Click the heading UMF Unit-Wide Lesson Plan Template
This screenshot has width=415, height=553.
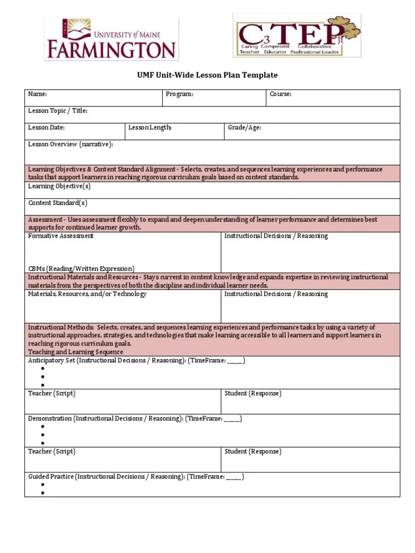[x=207, y=76]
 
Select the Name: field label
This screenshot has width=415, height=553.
[x=37, y=95]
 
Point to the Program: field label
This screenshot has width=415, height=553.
[x=179, y=95]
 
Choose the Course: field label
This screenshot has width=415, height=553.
[x=280, y=95]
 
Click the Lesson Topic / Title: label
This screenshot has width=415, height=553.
[x=57, y=111]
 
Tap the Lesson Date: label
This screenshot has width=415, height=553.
[x=46, y=128]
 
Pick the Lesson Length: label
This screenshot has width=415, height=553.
[x=150, y=128]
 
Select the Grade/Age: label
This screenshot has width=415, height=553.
[x=244, y=128]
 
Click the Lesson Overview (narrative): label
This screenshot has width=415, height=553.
[x=70, y=145]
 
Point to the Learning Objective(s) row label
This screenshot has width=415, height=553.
[x=59, y=186]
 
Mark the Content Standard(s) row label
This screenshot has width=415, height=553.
[x=57, y=203]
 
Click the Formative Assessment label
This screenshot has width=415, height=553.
[x=61, y=236]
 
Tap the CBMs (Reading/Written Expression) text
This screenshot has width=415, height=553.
[x=81, y=269]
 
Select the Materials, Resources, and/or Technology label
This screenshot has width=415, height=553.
[x=87, y=294]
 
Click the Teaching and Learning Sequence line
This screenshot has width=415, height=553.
[x=76, y=352]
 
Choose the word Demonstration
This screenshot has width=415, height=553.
[x=50, y=419]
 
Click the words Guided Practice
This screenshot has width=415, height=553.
[x=51, y=477]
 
